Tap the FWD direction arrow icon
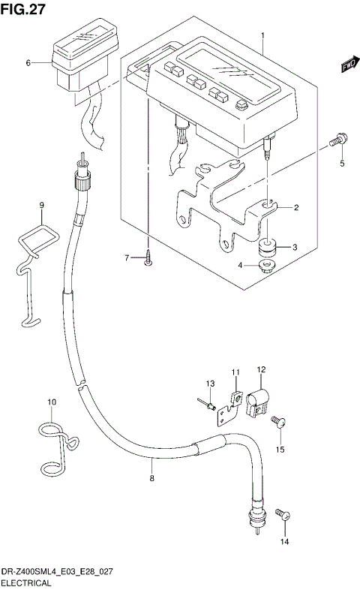(x=347, y=66)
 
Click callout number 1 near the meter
(x=262, y=35)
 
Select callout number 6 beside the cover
(x=28, y=63)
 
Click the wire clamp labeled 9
(x=34, y=255)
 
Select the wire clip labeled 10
(x=54, y=443)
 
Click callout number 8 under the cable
(x=151, y=478)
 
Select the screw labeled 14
(x=281, y=515)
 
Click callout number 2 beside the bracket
(x=296, y=208)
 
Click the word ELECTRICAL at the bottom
(x=26, y=582)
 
